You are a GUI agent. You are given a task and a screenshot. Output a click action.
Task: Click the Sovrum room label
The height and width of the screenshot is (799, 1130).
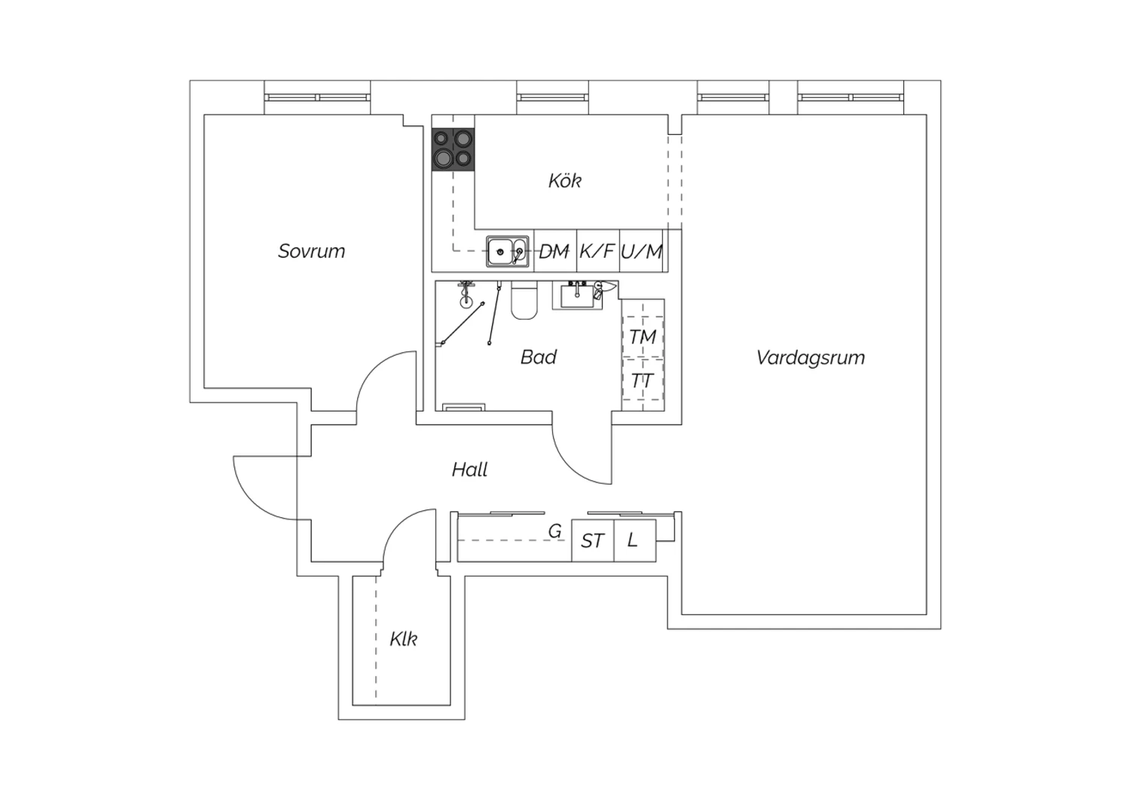[311, 251]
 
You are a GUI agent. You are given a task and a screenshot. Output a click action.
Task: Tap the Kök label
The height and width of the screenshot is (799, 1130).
[564, 180]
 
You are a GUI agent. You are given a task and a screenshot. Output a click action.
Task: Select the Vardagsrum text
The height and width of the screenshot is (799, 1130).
[810, 358]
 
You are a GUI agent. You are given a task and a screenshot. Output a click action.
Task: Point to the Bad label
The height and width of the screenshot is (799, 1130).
[539, 357]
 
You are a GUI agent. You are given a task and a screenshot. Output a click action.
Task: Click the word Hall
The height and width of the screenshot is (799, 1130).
[469, 470]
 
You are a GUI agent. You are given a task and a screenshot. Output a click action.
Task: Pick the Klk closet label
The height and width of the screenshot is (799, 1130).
[403, 639]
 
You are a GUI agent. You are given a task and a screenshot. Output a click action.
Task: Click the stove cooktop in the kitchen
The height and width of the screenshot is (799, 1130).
[453, 149]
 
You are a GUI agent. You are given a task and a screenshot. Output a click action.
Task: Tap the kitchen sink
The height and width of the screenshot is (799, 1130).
[508, 251]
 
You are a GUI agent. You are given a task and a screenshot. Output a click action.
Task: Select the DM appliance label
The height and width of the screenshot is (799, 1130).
[554, 251]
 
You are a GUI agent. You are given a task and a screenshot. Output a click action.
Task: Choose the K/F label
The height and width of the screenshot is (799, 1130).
[597, 251]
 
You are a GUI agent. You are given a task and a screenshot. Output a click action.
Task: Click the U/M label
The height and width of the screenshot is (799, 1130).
[641, 251]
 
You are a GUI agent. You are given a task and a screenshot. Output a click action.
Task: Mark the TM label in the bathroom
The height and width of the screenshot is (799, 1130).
[642, 337]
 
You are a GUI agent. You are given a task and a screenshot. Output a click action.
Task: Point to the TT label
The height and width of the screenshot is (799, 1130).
[642, 380]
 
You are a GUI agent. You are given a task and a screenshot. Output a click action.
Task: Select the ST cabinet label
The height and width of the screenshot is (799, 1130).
[592, 541]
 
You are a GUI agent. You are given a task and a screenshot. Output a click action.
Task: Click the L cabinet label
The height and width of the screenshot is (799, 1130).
[632, 540]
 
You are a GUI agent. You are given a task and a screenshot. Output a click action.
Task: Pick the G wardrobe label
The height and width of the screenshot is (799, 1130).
[555, 531]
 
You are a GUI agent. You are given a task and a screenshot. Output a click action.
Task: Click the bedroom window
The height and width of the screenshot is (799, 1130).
[317, 97]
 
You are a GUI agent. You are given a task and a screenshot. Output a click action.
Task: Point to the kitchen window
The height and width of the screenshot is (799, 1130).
[552, 97]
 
